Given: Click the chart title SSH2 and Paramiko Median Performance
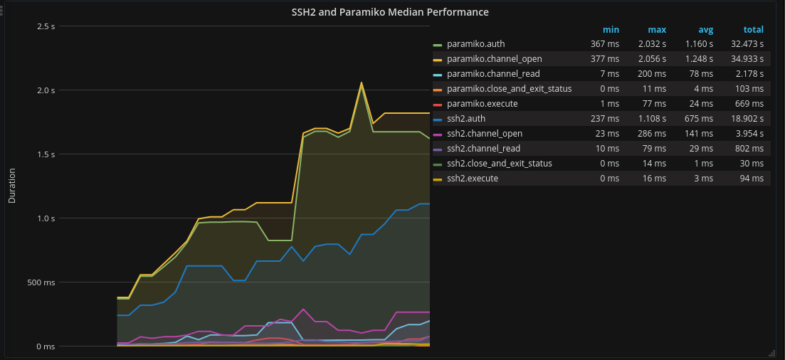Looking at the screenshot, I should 390,12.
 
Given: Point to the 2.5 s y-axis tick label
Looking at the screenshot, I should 46,26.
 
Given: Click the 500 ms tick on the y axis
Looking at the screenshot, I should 41,282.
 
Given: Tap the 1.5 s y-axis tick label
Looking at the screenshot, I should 46,154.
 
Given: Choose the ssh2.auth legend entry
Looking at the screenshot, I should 466,119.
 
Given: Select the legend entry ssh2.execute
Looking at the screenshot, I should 473,179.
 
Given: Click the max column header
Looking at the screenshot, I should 656,30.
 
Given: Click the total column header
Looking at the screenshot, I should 753,30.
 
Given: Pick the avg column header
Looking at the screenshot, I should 705,30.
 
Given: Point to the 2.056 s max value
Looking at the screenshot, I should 652,59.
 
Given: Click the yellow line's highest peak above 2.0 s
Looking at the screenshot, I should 362,83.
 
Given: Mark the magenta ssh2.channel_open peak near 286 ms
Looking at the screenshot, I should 304,309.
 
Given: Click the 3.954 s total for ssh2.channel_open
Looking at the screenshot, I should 749,134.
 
